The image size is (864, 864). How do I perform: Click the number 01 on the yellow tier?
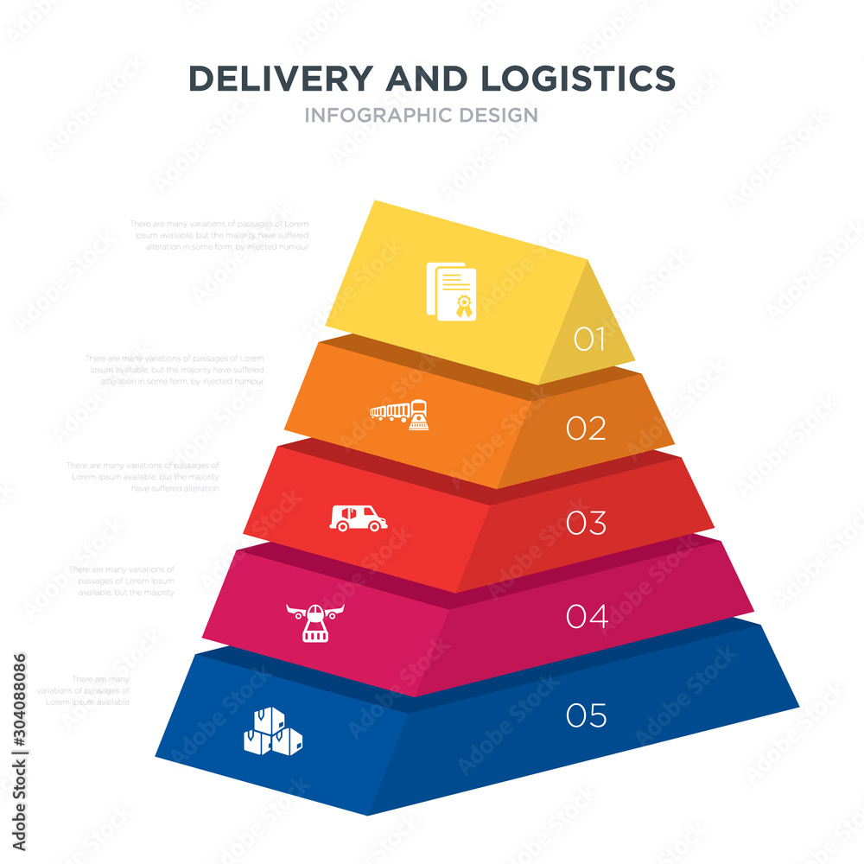coord(589,340)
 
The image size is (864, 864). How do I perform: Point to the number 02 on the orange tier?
coord(586,428)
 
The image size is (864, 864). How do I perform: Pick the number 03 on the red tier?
coord(586,523)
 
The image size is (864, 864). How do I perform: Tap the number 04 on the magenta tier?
coord(587,616)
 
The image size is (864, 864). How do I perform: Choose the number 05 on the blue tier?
coord(587,715)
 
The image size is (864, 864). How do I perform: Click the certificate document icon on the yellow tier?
coord(452,291)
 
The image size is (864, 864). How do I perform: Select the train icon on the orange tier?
coord(399,415)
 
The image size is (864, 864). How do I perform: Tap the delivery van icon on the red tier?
coord(359,518)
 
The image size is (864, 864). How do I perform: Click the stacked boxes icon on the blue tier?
coord(274,732)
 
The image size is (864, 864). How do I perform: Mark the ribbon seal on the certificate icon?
coord(465,305)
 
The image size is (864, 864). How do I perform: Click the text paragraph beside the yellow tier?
coord(219,235)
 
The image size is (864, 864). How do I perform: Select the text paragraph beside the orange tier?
coord(175,369)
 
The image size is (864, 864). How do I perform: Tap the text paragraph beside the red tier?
coord(144,476)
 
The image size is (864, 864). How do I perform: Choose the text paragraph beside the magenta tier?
coord(122,581)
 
